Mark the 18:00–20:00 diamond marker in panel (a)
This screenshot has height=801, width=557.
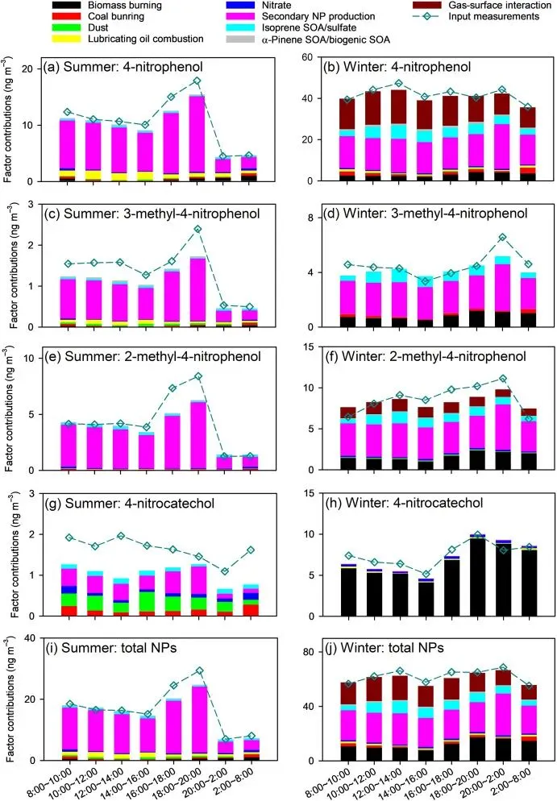(197, 81)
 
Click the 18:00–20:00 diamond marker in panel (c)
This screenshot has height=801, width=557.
(197, 229)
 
